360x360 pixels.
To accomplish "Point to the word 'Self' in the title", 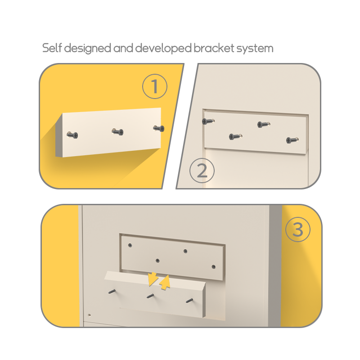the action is click(52, 48).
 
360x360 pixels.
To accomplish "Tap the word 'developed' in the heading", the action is click(163, 49).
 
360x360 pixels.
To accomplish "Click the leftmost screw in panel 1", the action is click(72, 135).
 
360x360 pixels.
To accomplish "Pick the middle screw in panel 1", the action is click(117, 132).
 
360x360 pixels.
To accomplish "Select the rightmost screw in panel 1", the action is click(159, 128).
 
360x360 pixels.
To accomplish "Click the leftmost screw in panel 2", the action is click(208, 121).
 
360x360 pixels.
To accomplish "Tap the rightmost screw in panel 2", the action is click(292, 140).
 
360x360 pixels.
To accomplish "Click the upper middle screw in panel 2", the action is click(264, 124).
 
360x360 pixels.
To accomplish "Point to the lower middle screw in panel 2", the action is click(235, 137).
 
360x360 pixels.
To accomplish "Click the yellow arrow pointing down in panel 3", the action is click(153, 279).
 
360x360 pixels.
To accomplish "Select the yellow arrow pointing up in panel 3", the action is click(165, 283).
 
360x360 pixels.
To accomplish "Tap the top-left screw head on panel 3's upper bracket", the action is click(130, 245).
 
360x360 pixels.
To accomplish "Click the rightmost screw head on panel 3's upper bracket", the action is click(213, 266).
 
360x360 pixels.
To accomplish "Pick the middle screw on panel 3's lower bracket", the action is click(150, 296).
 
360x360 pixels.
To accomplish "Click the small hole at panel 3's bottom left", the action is click(89, 315).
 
